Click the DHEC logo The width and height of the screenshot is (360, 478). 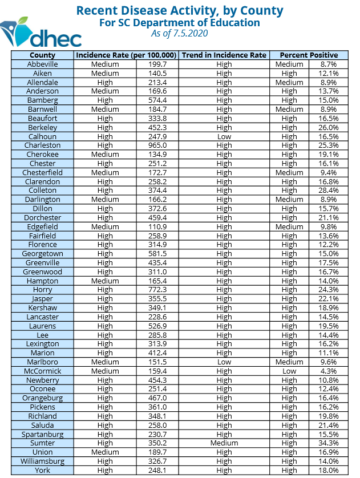41,34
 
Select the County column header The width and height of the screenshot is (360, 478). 43,55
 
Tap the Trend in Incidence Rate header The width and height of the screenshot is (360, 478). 224,55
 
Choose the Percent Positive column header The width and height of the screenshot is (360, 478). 309,55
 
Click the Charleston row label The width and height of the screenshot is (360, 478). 43,145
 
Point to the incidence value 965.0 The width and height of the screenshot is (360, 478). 157,145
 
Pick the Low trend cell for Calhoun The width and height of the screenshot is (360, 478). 224,136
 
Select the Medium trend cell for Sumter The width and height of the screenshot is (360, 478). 224,443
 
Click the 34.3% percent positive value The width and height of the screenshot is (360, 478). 329,443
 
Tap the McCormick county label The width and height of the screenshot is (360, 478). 43,371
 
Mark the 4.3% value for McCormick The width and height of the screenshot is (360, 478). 329,371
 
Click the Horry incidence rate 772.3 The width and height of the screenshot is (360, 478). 157,290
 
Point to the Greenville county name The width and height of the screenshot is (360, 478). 43,263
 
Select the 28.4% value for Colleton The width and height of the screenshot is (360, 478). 329,191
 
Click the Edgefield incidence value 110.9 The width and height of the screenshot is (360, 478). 157,227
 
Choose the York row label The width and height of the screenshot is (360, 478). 43,471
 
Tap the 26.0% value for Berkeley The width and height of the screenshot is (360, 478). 329,128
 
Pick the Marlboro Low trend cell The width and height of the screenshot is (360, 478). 224,362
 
